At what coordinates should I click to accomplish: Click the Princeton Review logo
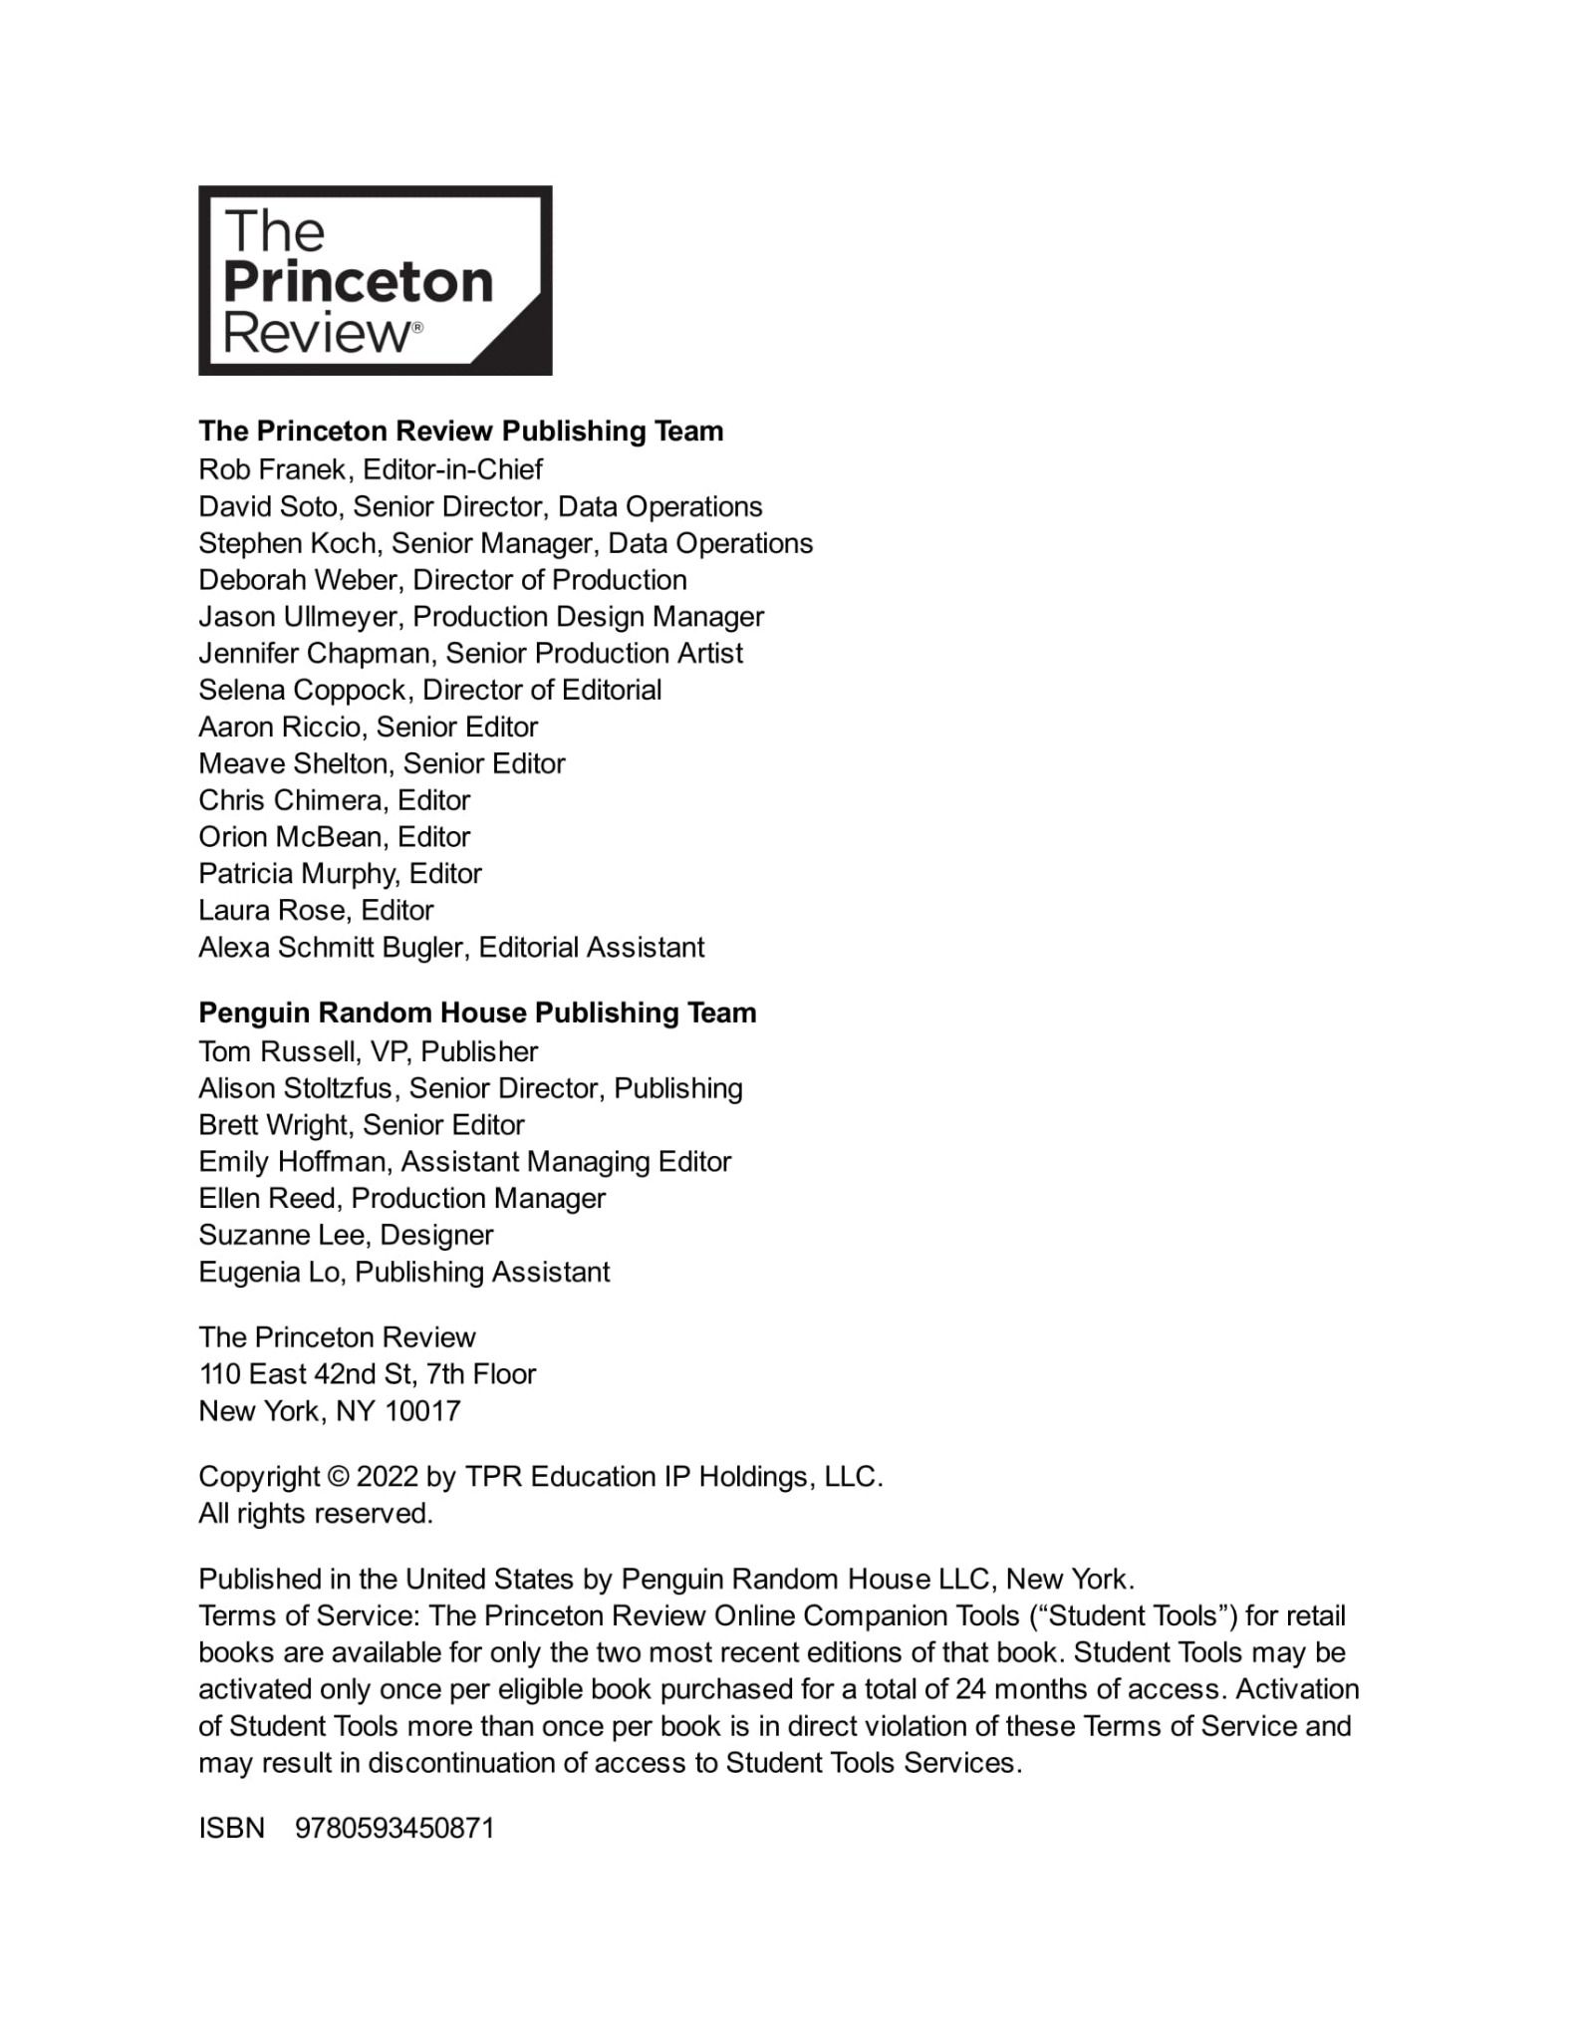375,280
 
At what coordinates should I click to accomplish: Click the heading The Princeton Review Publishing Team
460,431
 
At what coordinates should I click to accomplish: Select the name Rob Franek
272,469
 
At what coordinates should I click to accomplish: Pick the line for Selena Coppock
429,690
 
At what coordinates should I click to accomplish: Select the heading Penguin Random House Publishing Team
477,1013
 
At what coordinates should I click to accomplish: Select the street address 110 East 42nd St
303,1374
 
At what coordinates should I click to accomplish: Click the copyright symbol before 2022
338,1477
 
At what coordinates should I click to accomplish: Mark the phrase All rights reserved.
316,1514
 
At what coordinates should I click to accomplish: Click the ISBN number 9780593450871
394,1829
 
